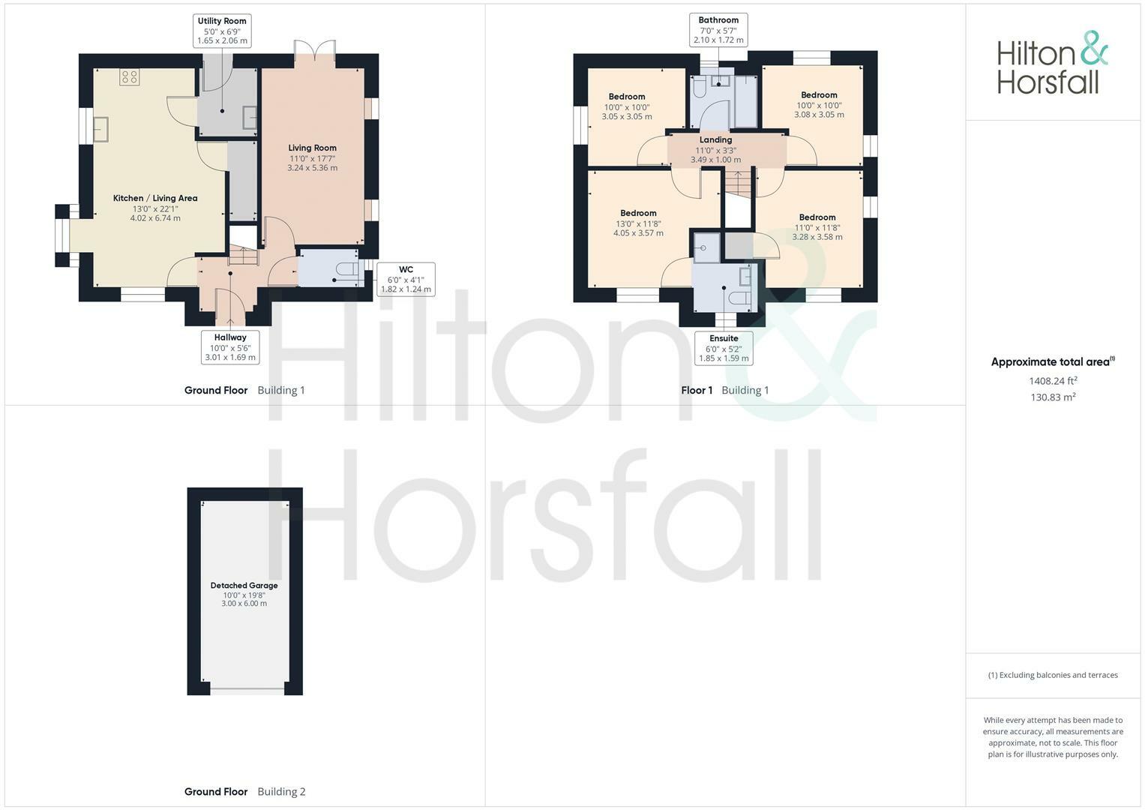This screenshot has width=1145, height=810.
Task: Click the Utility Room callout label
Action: pyautogui.click(x=222, y=31)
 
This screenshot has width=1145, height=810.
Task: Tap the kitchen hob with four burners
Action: pyautogui.click(x=129, y=76)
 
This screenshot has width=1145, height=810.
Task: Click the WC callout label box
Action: pyautogui.click(x=406, y=279)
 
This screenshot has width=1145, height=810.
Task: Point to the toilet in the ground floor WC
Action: pyautogui.click(x=347, y=269)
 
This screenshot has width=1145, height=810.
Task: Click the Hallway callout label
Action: pyautogui.click(x=230, y=347)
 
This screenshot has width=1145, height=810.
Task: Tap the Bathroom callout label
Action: pyautogui.click(x=718, y=30)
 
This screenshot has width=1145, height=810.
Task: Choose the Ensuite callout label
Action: pyautogui.click(x=724, y=348)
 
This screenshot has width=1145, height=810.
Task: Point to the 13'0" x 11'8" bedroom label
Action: pyautogui.click(x=638, y=223)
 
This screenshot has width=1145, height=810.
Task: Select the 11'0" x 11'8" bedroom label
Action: pyautogui.click(x=817, y=226)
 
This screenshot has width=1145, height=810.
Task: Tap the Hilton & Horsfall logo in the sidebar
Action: pyautogui.click(x=1052, y=62)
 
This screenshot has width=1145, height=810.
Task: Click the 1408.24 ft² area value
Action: pyautogui.click(x=1053, y=380)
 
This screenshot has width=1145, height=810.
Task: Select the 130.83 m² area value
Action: pyautogui.click(x=1053, y=397)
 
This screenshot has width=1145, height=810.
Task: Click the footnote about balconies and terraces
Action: pyautogui.click(x=1053, y=675)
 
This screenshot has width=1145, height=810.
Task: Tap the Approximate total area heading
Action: pyautogui.click(x=1053, y=362)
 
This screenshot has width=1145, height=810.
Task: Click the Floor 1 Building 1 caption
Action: pyautogui.click(x=724, y=390)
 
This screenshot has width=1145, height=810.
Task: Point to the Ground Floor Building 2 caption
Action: pyautogui.click(x=244, y=791)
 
